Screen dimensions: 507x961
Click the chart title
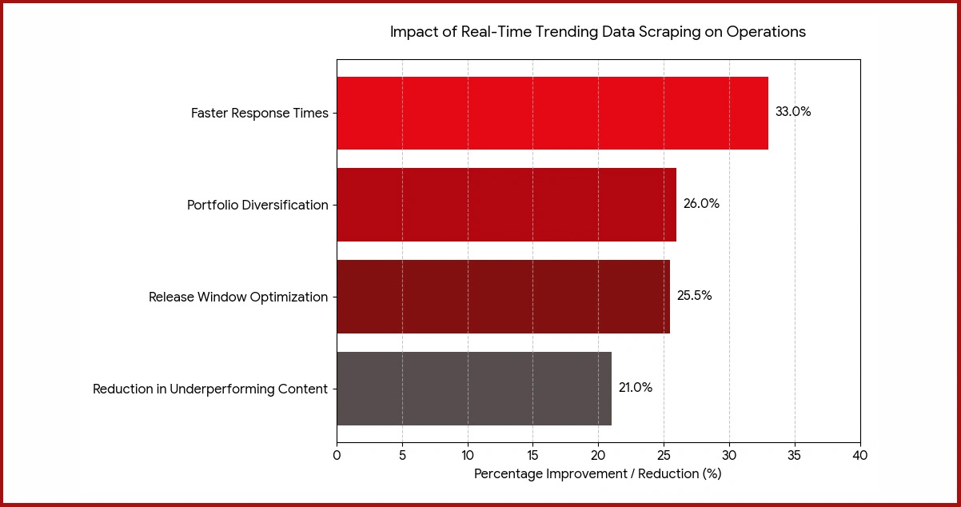click(x=597, y=32)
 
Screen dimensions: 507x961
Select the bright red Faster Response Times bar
click(x=552, y=113)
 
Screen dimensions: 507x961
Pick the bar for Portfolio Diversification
click(x=506, y=205)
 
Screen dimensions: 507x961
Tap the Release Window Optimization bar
click(x=503, y=297)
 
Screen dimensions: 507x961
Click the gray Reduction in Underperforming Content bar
click(x=473, y=389)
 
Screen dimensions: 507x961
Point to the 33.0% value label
click(x=793, y=112)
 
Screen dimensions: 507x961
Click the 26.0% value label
click(x=701, y=204)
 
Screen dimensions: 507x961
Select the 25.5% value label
click(x=694, y=296)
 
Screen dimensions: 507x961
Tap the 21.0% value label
click(x=636, y=388)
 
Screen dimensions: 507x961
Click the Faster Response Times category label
click(x=259, y=114)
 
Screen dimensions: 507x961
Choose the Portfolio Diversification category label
click(x=257, y=206)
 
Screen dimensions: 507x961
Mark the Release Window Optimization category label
click(x=238, y=297)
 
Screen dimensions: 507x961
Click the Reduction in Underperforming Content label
click(x=210, y=389)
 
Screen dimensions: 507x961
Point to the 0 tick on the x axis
click(x=337, y=456)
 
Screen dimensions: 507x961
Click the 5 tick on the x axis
click(x=402, y=456)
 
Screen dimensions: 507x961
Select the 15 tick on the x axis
click(x=532, y=456)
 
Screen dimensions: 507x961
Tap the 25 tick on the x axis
click(x=664, y=456)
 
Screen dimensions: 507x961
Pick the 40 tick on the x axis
click(x=860, y=456)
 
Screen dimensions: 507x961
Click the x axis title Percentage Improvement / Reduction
click(x=597, y=474)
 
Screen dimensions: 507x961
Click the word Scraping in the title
click(x=654, y=32)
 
